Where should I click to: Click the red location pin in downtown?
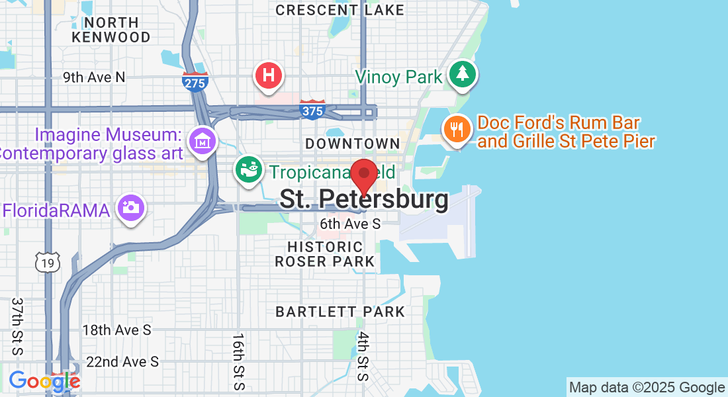[363, 175]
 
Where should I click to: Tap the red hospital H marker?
[269, 75]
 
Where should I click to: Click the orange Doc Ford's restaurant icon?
[456, 128]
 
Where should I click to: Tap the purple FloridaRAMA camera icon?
[131, 208]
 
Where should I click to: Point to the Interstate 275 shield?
[195, 82]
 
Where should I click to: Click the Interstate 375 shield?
[312, 110]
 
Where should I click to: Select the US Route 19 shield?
[48, 263]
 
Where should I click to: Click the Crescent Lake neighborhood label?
[340, 10]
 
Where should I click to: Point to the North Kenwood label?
[111, 29]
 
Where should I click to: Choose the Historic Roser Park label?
[325, 254]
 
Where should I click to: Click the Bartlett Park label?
[340, 311]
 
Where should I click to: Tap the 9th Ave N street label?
[94, 77]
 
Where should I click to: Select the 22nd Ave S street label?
[122, 362]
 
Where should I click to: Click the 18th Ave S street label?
[116, 330]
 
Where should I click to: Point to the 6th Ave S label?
[350, 224]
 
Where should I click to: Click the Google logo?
[44, 381]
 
